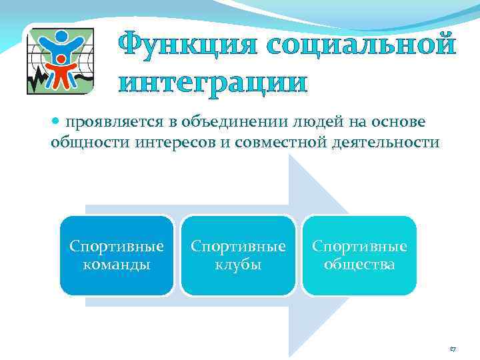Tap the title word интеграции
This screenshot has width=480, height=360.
pyautogui.click(x=213, y=83)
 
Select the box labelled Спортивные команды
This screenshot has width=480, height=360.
pyautogui.click(x=117, y=255)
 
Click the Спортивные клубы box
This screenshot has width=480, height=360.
pyautogui.click(x=238, y=255)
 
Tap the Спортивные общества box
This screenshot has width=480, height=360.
pyautogui.click(x=359, y=255)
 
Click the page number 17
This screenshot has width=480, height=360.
pyautogui.click(x=453, y=348)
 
